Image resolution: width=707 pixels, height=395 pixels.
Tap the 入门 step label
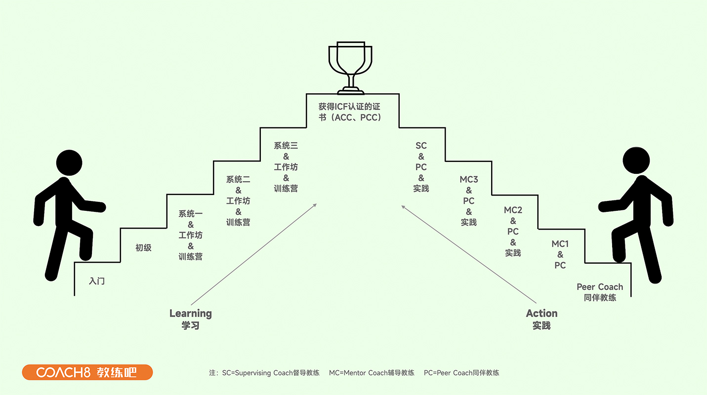click(97, 281)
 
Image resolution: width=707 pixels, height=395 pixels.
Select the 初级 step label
click(143, 248)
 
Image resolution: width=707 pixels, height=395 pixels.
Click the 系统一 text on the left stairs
click(191, 214)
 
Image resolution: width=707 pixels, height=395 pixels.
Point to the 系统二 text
click(238, 180)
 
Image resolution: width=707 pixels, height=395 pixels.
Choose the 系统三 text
click(286, 146)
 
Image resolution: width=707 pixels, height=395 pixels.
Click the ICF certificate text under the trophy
click(350, 112)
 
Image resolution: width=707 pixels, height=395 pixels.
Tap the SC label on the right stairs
click(421, 146)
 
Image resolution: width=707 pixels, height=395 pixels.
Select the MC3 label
click(469, 180)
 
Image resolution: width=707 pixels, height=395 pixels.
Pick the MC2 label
click(513, 210)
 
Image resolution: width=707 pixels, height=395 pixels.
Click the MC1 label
click(560, 244)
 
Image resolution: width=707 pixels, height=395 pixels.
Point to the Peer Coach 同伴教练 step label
click(600, 292)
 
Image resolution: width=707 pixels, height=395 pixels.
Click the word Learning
click(190, 314)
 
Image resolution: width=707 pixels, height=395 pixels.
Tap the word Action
click(541, 314)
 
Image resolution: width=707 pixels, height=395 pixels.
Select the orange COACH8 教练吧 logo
click(87, 372)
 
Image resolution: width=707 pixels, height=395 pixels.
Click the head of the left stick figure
click(69, 162)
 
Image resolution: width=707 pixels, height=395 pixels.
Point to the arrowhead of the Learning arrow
click(315, 205)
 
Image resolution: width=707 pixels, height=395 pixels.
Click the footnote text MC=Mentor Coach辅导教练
click(372, 373)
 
